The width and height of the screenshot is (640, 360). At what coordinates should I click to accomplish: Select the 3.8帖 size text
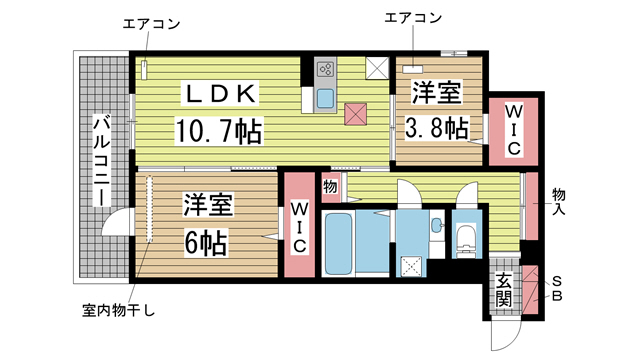(437, 127)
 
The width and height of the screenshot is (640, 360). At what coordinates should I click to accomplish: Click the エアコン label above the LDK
(150, 22)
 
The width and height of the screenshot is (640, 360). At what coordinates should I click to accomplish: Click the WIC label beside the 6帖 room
(299, 226)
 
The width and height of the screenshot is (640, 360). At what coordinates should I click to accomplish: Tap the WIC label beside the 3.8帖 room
(513, 128)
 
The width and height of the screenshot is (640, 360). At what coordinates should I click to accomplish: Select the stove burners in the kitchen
(326, 70)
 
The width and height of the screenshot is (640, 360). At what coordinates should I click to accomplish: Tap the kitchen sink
(326, 98)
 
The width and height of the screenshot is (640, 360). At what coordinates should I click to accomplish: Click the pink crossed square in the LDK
(355, 113)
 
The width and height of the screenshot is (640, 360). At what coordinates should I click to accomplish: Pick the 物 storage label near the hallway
(330, 187)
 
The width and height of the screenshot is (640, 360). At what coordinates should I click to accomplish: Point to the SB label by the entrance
(559, 289)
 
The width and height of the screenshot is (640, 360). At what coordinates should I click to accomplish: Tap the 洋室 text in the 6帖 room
(206, 206)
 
